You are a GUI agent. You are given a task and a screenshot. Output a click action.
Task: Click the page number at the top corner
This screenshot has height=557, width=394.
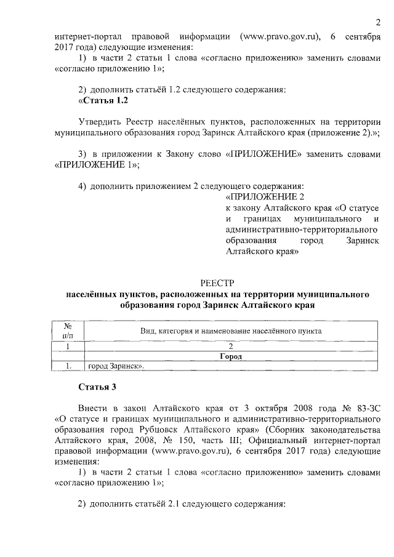click(377, 23)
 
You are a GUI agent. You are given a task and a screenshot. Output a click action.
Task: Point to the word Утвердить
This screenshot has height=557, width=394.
click(100, 122)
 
